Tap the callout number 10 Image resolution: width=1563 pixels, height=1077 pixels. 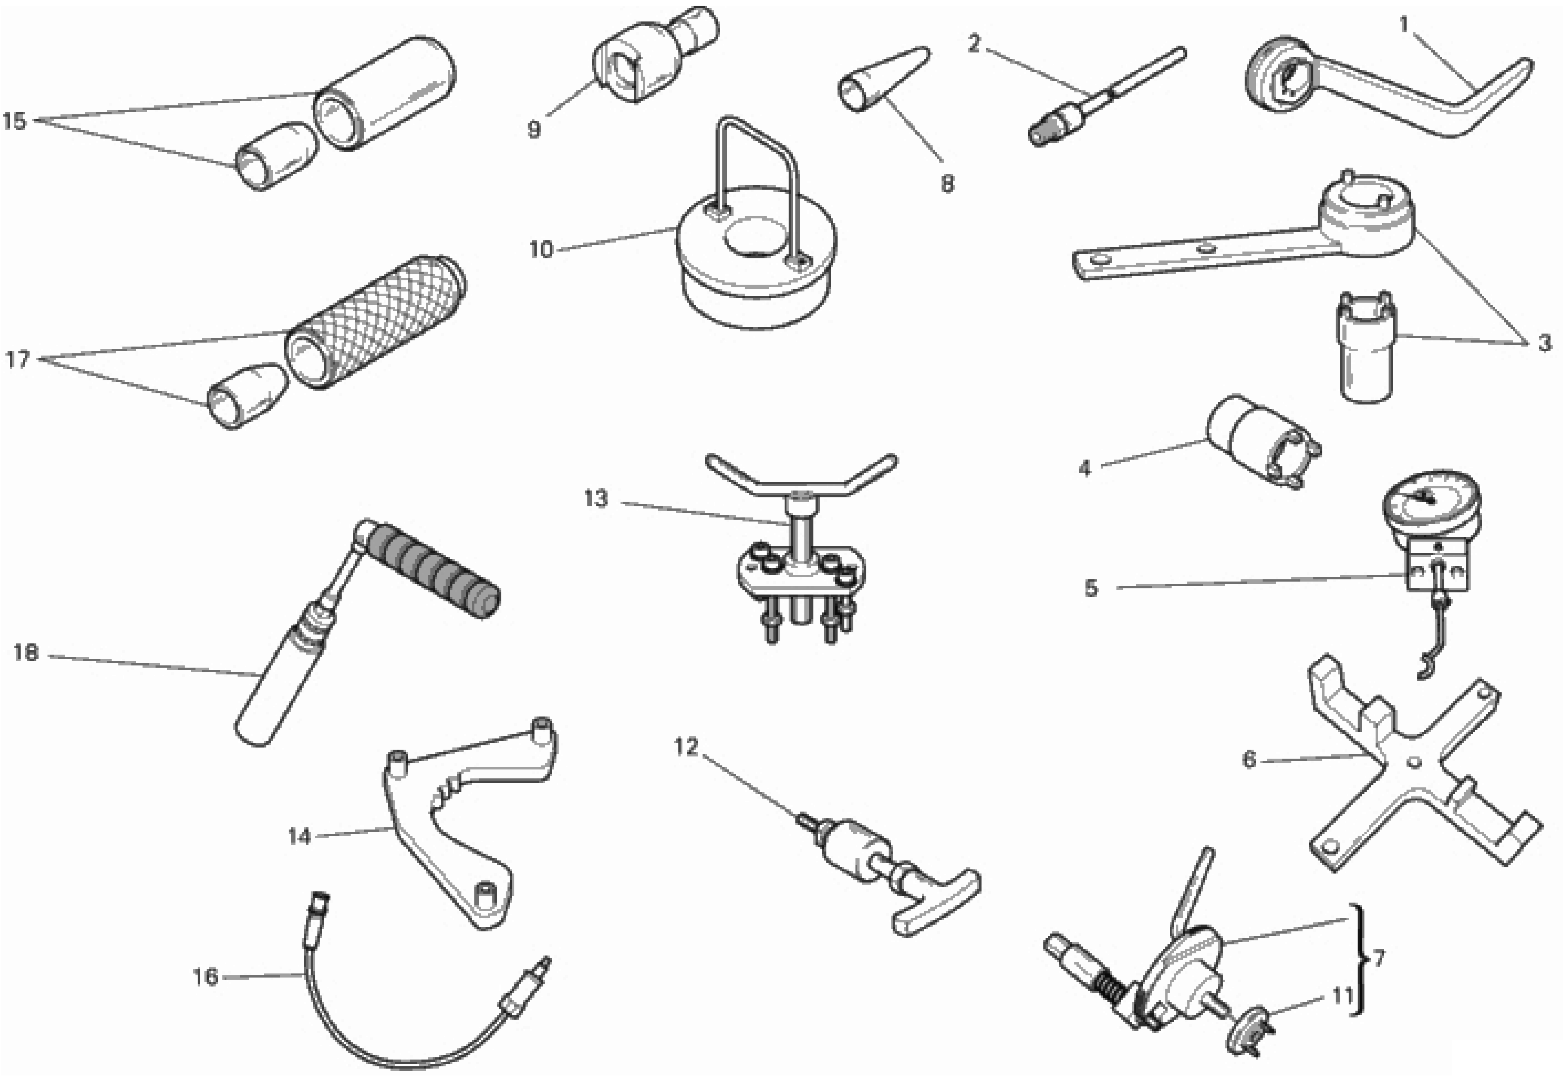tap(540, 250)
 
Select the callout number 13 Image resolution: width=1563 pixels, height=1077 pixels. tap(596, 499)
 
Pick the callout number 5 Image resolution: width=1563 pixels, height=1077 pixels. tap(1091, 588)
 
